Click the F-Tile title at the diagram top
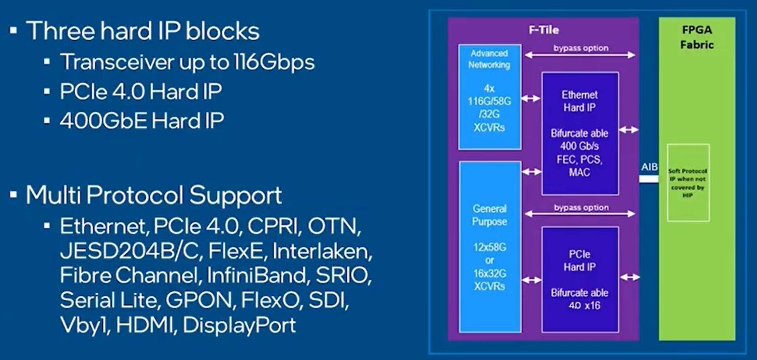[543, 30]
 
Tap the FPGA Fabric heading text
[697, 37]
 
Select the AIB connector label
[649, 167]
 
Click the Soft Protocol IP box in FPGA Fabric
[688, 183]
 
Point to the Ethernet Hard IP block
[580, 133]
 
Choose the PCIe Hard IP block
[580, 279]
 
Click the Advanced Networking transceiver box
[489, 97]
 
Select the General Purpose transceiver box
[490, 247]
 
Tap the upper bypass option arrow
[580, 55]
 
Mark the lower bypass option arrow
[580, 214]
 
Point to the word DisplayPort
[239, 325]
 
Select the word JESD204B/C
[131, 251]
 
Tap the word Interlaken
[322, 251]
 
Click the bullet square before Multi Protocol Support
[14, 195]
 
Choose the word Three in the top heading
[60, 31]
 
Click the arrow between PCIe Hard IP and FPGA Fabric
[630, 277]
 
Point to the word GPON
[199, 300]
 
